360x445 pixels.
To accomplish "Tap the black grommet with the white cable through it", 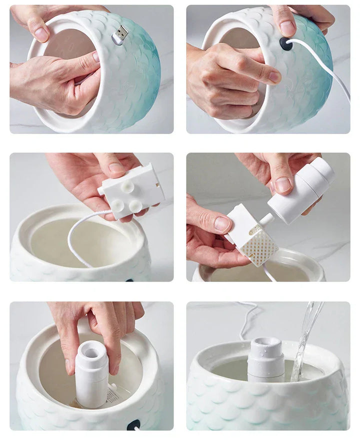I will [x=286, y=43].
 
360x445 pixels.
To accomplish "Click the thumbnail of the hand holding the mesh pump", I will [x=222, y=224].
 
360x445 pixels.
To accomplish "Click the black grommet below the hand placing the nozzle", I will [x=133, y=424].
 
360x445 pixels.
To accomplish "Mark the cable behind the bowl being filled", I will [x=247, y=320].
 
